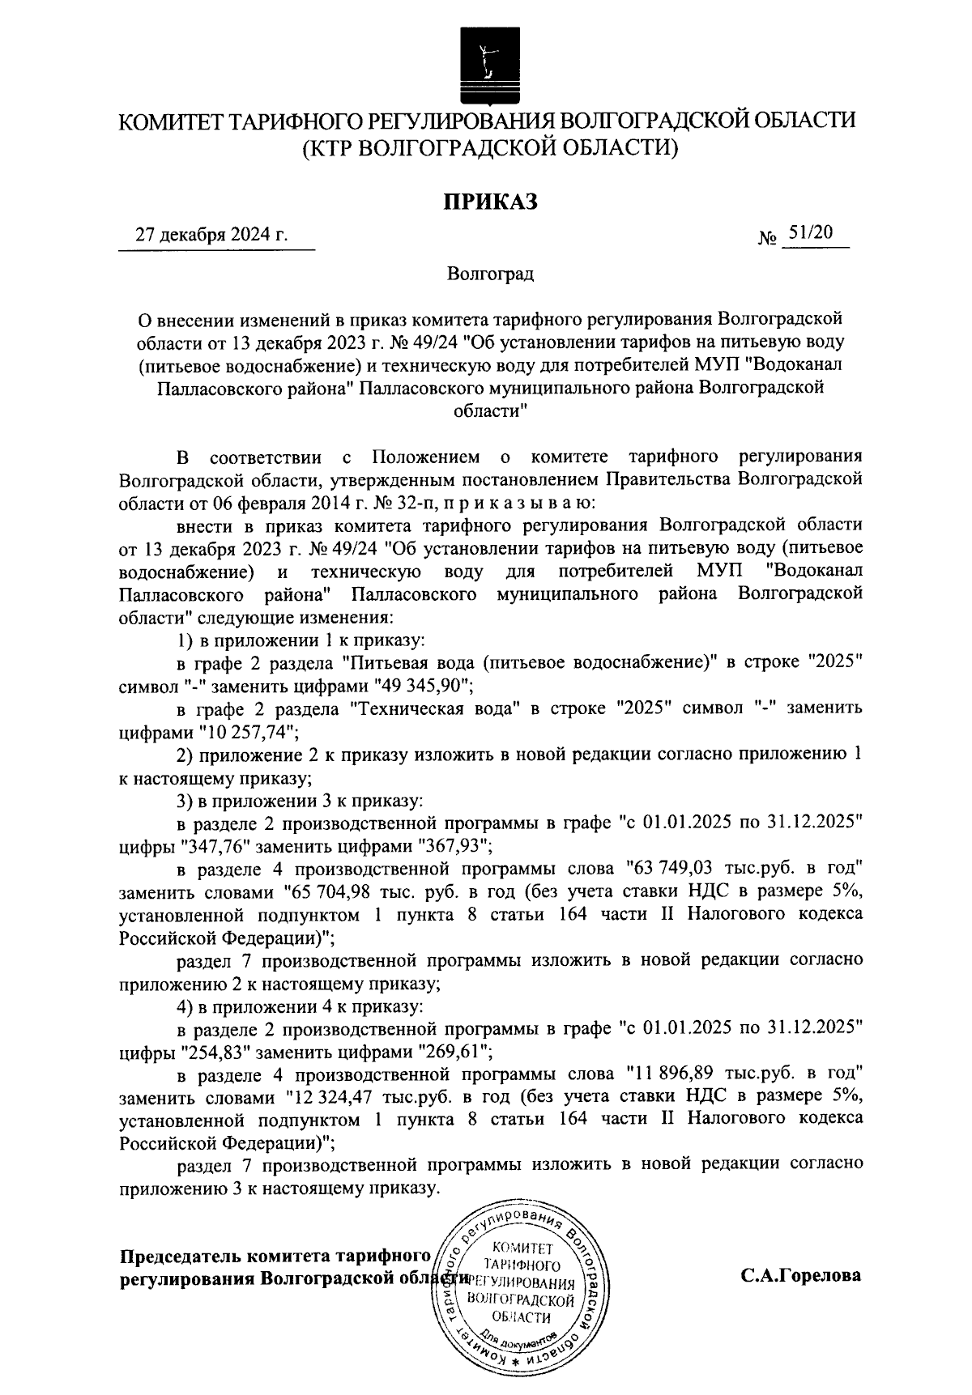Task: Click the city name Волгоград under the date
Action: click(x=491, y=274)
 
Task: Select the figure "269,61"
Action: click(x=451, y=1053)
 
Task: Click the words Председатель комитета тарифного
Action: click(x=274, y=1257)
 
